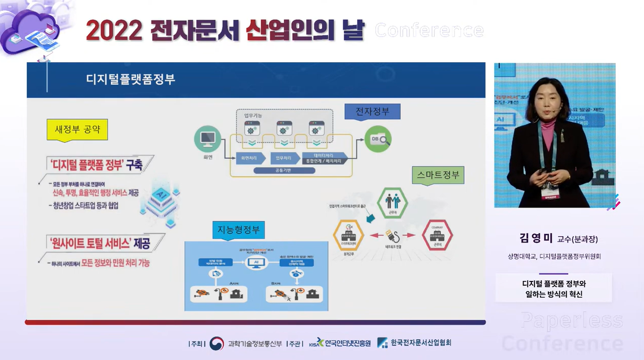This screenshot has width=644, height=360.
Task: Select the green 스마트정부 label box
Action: click(x=438, y=175)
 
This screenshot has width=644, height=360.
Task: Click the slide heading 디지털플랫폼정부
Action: click(x=130, y=79)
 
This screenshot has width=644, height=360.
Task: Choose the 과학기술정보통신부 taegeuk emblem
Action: click(x=217, y=343)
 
